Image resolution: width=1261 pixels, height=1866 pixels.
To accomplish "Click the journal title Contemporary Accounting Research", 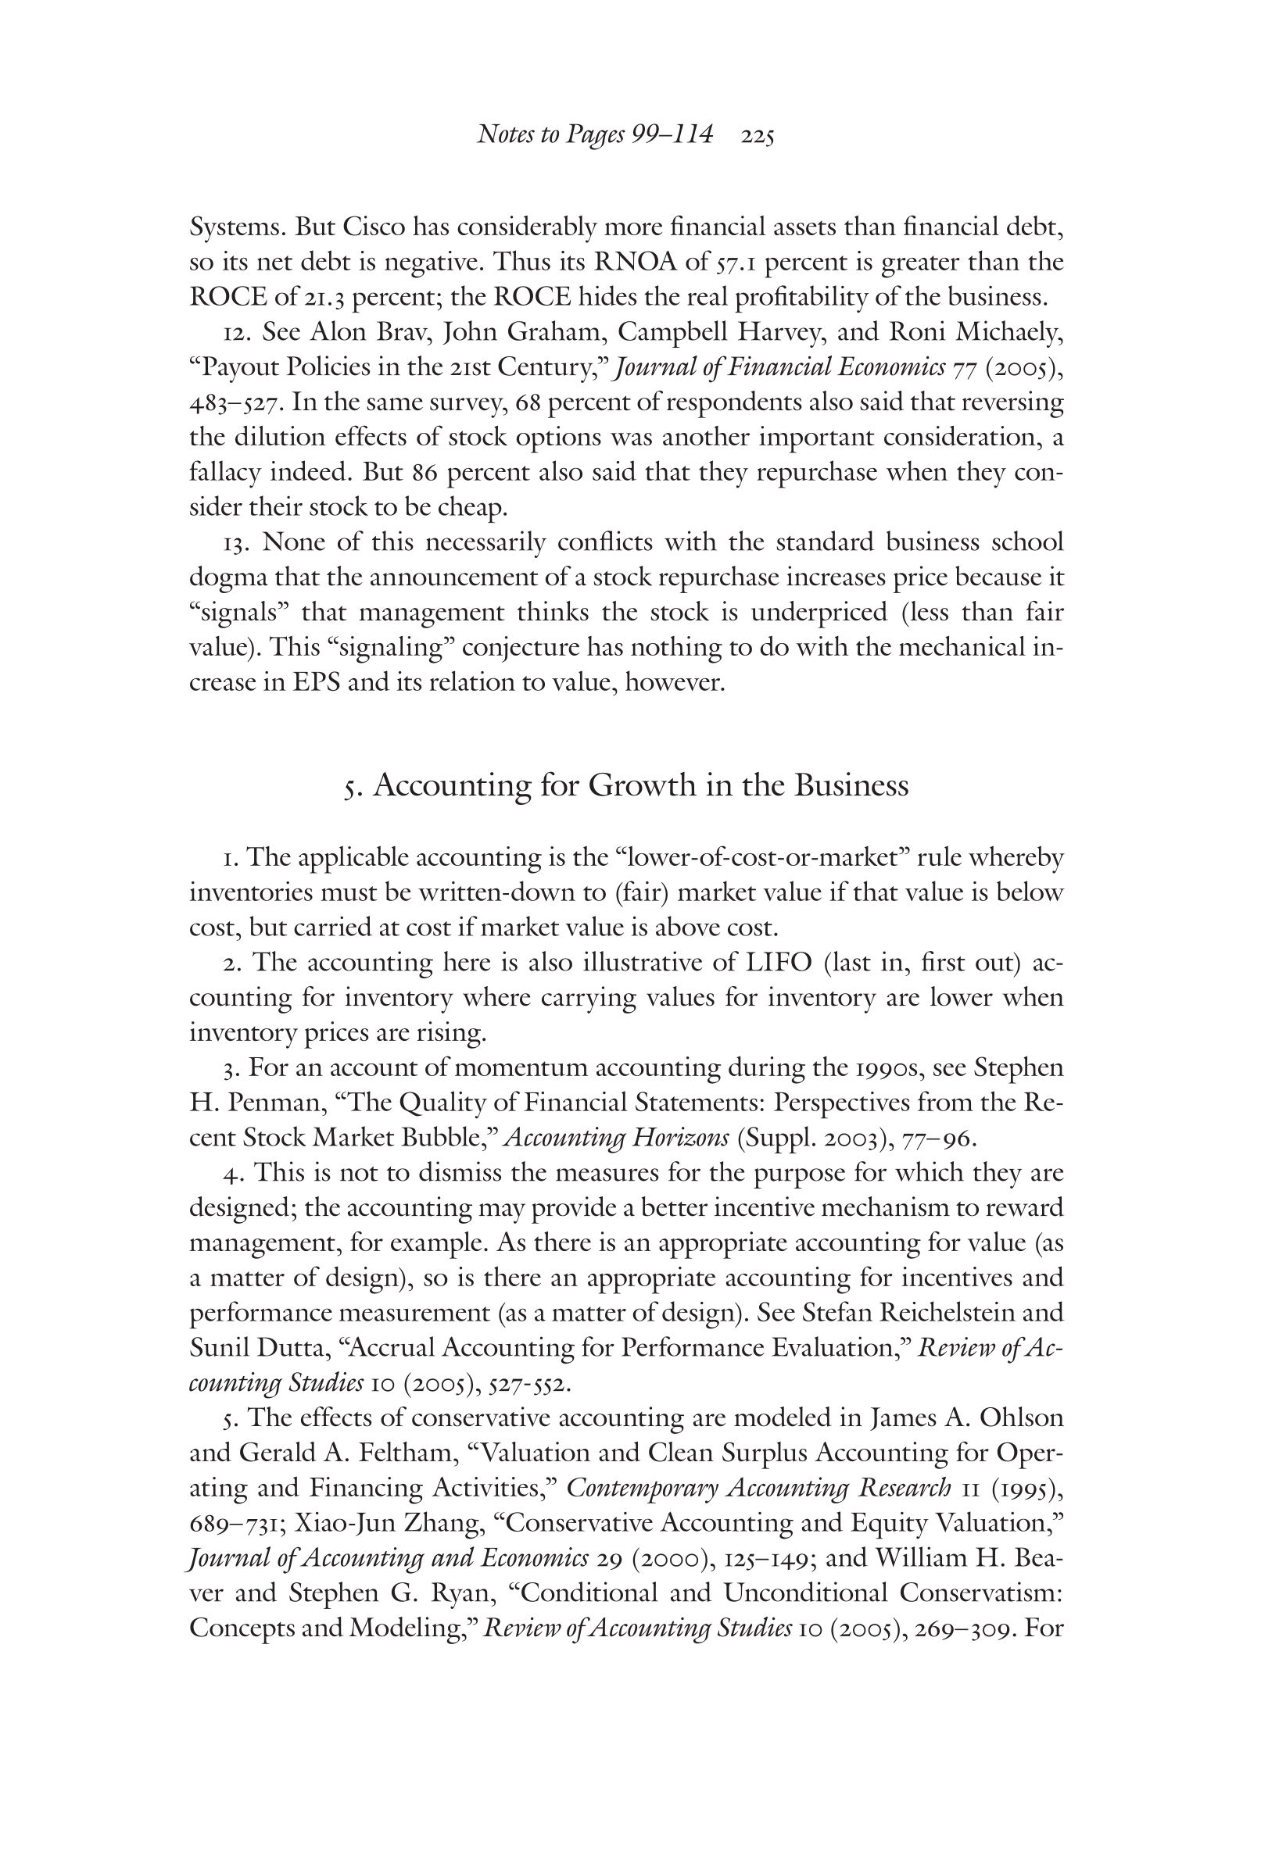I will [758, 1488].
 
